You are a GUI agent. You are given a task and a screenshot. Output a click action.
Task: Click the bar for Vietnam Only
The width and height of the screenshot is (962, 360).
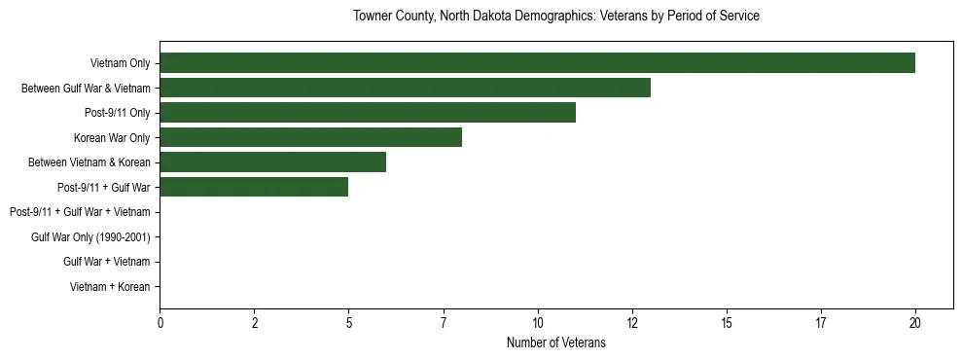(x=537, y=63)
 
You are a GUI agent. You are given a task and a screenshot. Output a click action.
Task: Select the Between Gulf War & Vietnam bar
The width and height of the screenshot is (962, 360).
(x=405, y=88)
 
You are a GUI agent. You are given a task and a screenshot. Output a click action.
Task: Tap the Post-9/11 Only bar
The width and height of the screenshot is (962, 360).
(x=368, y=113)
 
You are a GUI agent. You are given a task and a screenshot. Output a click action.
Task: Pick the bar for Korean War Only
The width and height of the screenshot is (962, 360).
(x=310, y=137)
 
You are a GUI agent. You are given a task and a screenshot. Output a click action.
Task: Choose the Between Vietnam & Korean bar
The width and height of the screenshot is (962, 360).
(x=272, y=162)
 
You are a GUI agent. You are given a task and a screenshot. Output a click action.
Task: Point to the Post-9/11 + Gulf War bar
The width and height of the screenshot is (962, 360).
(x=254, y=187)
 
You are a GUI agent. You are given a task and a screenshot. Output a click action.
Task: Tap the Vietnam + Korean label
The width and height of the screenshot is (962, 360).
(x=110, y=287)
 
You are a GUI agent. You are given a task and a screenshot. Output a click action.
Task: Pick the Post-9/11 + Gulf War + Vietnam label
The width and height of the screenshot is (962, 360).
(x=80, y=212)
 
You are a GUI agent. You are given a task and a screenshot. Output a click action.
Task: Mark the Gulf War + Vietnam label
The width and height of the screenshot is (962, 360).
(x=107, y=262)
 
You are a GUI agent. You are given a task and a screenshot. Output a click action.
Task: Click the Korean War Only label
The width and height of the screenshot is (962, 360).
(x=111, y=137)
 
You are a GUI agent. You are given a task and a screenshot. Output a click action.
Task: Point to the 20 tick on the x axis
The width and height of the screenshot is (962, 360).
(x=915, y=323)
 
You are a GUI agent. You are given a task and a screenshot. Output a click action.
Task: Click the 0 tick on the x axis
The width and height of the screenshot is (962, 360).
(x=160, y=323)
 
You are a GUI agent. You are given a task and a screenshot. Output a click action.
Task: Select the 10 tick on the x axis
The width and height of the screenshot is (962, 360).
(x=538, y=323)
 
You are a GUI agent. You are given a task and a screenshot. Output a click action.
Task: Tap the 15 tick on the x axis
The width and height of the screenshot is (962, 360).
(x=727, y=323)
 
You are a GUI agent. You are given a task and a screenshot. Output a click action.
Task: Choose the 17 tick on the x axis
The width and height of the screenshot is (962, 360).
(x=821, y=323)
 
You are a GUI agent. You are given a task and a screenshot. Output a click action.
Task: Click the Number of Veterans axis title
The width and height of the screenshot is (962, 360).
(x=556, y=342)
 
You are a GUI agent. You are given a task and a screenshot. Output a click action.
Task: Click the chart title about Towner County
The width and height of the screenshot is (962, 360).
(x=556, y=17)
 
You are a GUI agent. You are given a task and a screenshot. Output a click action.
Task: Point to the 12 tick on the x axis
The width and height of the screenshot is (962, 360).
(x=632, y=323)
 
